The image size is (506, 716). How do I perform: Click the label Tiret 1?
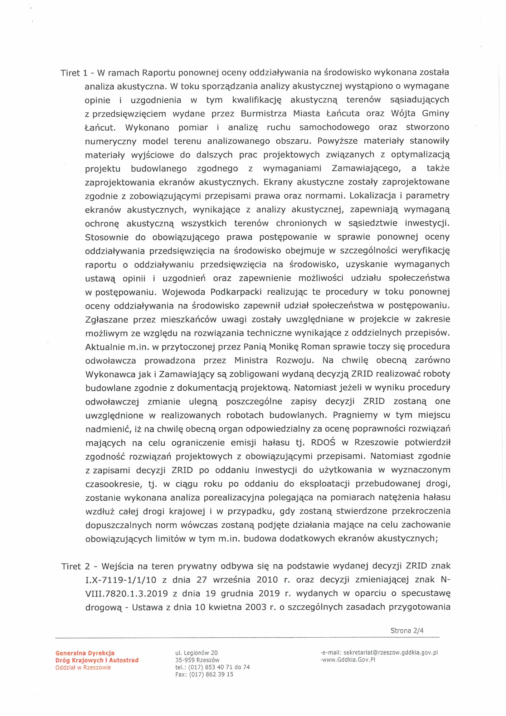[74, 73]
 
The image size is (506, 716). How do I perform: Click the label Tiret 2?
[76, 566]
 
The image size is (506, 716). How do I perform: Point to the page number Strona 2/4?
[407, 631]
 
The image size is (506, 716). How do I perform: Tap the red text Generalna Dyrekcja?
[85, 653]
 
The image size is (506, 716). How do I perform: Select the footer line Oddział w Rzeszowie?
[83, 668]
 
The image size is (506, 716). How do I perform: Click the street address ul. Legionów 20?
[196, 653]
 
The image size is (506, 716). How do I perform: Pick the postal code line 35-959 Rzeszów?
[197, 660]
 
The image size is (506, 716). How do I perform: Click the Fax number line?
[204, 674]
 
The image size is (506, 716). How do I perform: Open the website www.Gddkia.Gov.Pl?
[349, 660]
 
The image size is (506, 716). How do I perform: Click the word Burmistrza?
[264, 114]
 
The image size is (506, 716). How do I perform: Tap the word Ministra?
[251, 361]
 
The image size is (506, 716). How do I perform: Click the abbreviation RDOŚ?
[323, 443]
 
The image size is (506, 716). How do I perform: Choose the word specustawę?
[425, 594]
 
